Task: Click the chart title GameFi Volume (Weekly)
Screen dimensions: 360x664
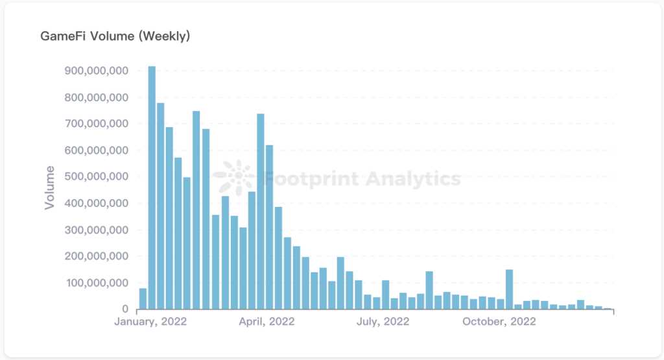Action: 115,36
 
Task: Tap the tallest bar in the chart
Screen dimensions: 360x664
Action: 152,188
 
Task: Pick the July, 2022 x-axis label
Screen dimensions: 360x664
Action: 383,322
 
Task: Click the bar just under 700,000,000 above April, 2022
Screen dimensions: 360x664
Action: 261,211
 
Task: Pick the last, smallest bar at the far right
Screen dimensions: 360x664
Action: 608,309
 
